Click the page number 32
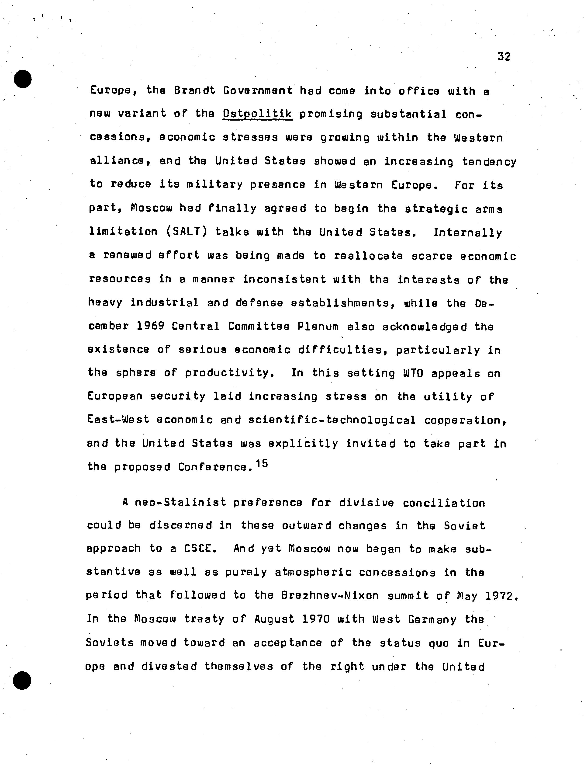click(x=504, y=56)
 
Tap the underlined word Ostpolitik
click(x=257, y=114)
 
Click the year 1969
click(x=150, y=326)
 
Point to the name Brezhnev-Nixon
click(x=330, y=596)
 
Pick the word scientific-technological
click(x=332, y=420)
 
